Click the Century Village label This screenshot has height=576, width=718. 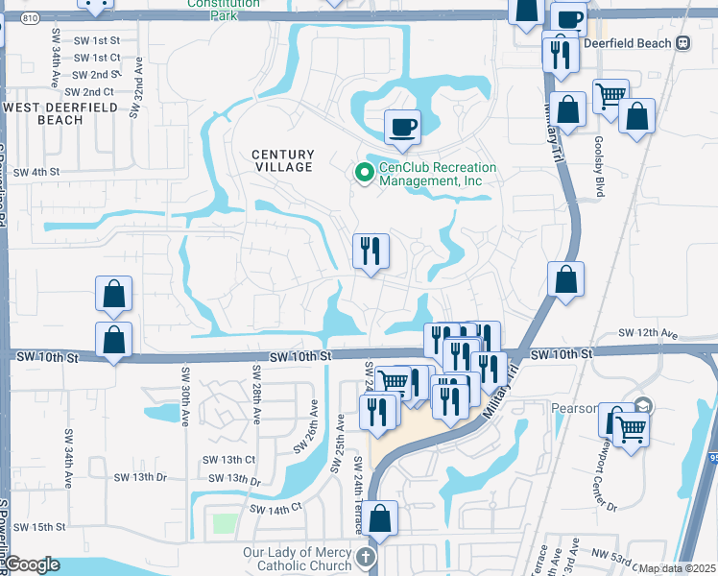click(x=283, y=160)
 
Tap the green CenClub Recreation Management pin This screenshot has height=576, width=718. click(x=364, y=173)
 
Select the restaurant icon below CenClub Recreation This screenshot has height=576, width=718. click(x=371, y=252)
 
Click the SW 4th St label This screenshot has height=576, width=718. click(x=35, y=172)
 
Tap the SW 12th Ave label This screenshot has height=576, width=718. click(x=649, y=333)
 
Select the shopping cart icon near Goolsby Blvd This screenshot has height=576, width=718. click(x=610, y=96)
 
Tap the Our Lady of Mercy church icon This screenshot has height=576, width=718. click(x=364, y=559)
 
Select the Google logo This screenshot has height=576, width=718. click(x=33, y=564)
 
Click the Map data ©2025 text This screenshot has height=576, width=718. click(x=677, y=568)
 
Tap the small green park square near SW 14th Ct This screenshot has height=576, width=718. click(x=225, y=524)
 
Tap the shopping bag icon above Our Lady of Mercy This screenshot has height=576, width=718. click(x=381, y=518)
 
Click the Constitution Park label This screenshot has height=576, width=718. click(x=225, y=5)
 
